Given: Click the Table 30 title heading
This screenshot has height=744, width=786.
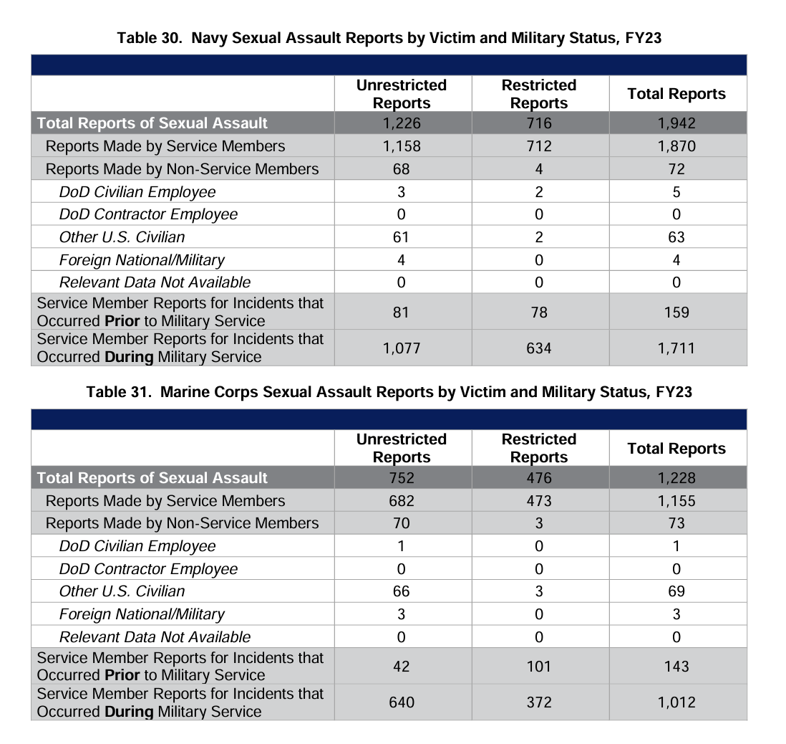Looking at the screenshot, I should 389,38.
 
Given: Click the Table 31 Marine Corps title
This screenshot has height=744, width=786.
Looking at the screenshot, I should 389,392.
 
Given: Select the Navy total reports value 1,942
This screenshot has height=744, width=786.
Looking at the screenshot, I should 676,123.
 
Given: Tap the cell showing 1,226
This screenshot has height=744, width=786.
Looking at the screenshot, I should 402,123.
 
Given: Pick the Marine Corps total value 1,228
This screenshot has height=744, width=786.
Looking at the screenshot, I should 676,478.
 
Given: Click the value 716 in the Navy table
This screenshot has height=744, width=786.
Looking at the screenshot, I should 539,123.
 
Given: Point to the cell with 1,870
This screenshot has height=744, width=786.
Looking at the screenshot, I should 676,146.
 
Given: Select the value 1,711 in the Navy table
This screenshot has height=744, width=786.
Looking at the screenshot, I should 676,348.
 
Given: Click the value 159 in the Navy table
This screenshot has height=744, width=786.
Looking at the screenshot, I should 676,313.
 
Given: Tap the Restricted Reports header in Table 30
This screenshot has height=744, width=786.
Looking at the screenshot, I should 539,94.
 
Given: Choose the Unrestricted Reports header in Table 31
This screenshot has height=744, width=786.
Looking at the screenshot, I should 402,448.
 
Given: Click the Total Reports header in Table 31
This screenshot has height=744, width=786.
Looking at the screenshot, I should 676,449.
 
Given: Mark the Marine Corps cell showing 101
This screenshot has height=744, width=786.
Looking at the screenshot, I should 539,667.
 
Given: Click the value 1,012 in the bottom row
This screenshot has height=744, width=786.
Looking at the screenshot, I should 676,702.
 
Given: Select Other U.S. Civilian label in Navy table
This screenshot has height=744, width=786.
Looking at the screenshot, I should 122,237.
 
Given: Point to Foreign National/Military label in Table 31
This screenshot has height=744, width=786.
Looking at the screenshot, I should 142,614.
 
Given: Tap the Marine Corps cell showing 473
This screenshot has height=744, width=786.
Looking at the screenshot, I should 539,501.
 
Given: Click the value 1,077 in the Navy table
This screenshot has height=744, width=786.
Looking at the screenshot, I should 402,348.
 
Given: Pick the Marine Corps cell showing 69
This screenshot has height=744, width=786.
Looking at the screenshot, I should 676,591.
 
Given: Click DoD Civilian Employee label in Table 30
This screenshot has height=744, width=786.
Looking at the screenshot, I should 137,192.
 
